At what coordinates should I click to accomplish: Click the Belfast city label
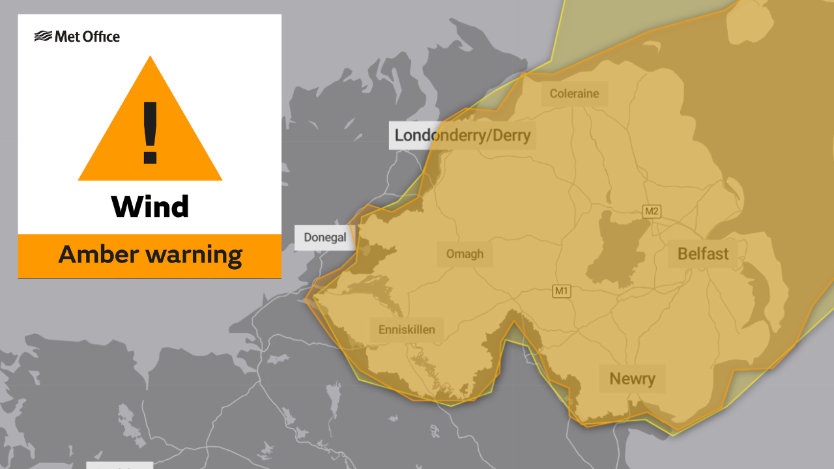coord(703,253)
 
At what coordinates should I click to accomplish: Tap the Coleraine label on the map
coord(574,94)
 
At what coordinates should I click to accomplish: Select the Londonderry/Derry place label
coord(463,135)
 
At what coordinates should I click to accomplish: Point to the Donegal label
coord(325,238)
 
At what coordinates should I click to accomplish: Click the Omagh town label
coord(465,253)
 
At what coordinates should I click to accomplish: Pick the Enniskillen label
coord(407,330)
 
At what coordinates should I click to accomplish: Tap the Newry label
coord(632,378)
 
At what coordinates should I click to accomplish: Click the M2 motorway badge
coord(652,211)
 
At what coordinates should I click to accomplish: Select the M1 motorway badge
coord(561,291)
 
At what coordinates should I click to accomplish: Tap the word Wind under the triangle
coord(150,207)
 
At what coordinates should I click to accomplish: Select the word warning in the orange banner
coord(197,255)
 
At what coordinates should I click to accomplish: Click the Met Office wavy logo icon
coord(43,36)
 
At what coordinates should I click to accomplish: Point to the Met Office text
coord(87,36)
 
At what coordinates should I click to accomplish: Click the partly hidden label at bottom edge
coord(120,465)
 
